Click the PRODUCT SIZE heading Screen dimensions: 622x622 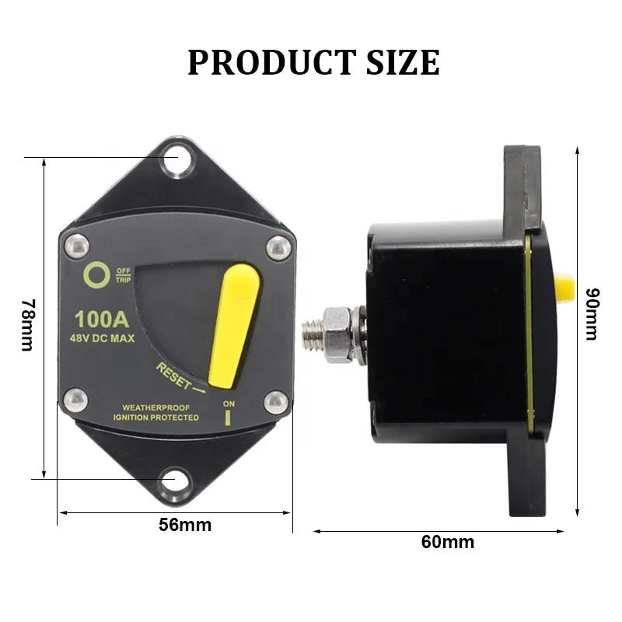coord(313,62)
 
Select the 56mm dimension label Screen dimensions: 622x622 coord(185,524)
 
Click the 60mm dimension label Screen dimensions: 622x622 coord(447,542)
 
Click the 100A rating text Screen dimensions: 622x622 coord(101,319)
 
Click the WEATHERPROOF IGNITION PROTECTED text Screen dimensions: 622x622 coord(155,413)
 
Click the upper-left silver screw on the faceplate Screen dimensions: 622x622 coord(75,246)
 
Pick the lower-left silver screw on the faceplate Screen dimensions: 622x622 coord(75,401)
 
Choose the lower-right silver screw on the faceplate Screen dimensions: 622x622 coord(276,402)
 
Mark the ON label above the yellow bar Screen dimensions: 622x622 coord(229,404)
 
